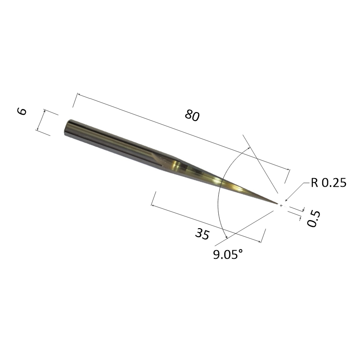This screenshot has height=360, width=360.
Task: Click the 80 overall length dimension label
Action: [192, 116]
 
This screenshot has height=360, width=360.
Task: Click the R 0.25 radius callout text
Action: [328, 183]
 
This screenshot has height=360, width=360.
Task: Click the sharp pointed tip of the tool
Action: [277, 203]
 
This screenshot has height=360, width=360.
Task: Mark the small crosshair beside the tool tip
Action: [281, 205]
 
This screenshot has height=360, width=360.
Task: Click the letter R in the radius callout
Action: [313, 183]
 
